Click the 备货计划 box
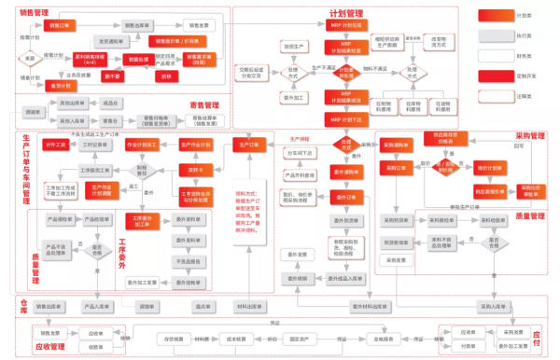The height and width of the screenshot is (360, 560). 61,85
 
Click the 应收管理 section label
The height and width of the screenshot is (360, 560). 48,346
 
